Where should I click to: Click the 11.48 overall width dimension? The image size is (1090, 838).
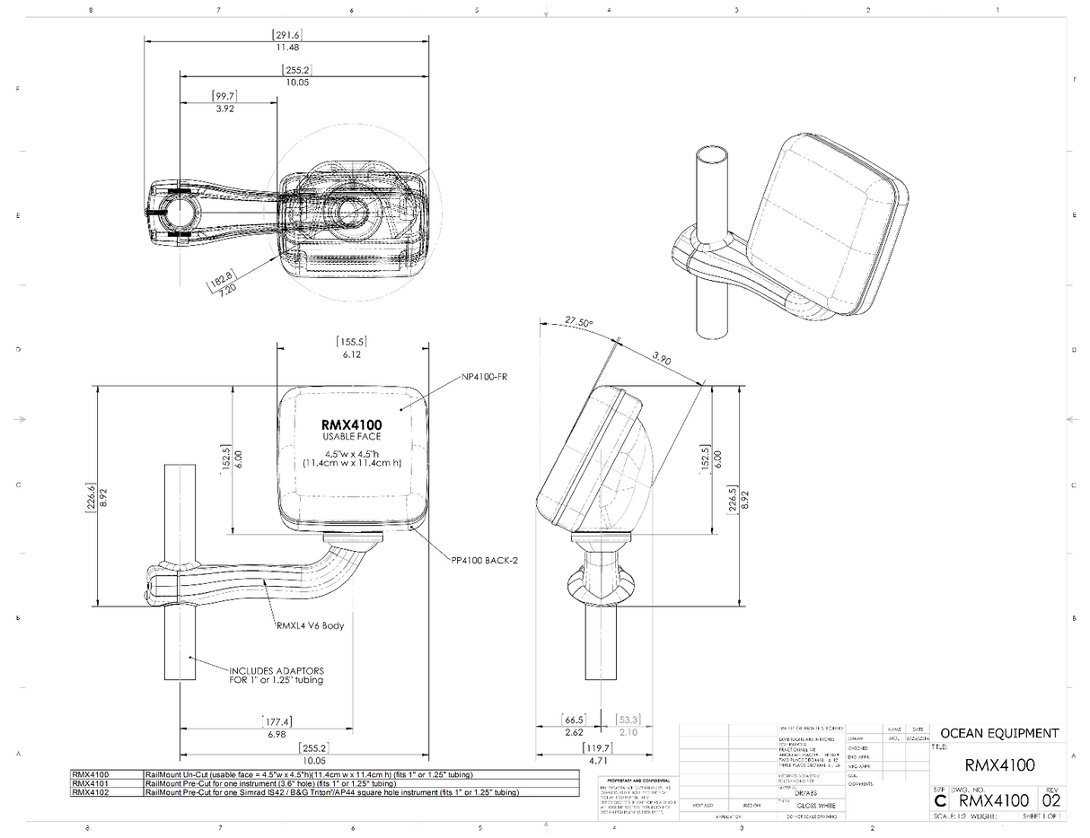(x=287, y=47)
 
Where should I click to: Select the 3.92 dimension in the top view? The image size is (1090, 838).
(x=224, y=109)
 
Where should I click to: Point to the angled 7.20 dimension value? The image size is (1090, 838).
(x=224, y=292)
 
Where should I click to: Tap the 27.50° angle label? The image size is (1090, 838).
(x=579, y=322)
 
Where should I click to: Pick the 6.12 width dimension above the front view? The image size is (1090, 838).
(x=350, y=354)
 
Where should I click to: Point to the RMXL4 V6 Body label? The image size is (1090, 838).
(x=310, y=625)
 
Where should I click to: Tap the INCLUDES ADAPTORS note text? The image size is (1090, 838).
(x=277, y=670)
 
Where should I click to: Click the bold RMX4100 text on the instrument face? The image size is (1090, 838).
(x=351, y=424)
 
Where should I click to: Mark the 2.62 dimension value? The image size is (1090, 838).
(x=574, y=732)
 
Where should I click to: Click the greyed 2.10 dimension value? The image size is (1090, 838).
(x=629, y=732)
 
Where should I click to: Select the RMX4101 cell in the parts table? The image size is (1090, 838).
(x=90, y=783)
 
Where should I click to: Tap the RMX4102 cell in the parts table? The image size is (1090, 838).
(x=90, y=792)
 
